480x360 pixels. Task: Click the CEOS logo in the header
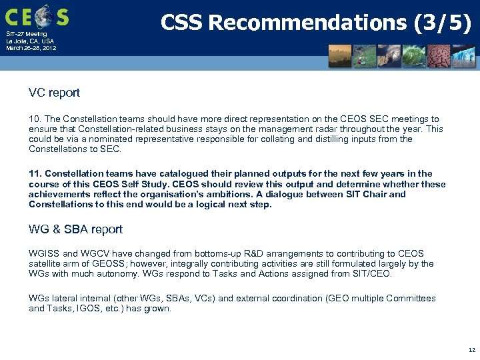(x=37, y=15)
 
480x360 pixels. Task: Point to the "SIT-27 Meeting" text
(x=27, y=34)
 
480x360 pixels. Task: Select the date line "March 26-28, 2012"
(x=31, y=48)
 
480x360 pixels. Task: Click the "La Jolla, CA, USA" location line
(x=30, y=41)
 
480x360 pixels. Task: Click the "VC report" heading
(x=54, y=93)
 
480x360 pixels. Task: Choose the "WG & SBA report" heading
(x=75, y=229)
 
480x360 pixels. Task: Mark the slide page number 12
(x=471, y=349)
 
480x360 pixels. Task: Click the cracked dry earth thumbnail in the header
(x=439, y=57)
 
